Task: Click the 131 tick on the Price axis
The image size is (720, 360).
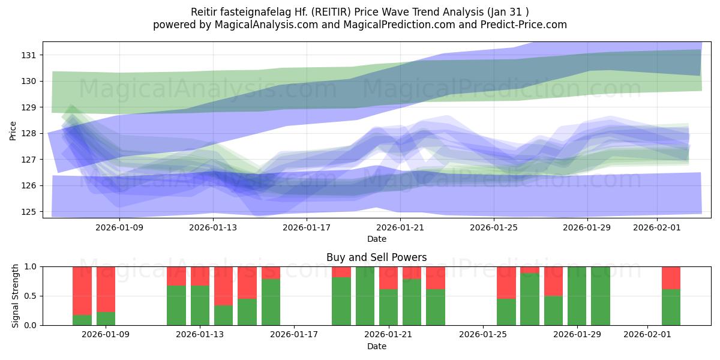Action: pos(29,55)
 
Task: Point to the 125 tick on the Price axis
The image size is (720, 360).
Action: pos(29,212)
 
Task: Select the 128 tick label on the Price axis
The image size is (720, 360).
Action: pos(29,133)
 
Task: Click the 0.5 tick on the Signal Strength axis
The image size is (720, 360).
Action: pos(29,296)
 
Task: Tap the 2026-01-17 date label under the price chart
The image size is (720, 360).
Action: pos(307,228)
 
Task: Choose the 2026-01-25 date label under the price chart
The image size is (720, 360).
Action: pos(494,228)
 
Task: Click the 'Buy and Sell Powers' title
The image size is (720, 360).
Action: pos(376,257)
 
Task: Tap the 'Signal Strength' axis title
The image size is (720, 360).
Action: pos(16,296)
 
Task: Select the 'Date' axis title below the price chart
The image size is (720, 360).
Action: pos(376,239)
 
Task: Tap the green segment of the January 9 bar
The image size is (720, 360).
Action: pos(106,319)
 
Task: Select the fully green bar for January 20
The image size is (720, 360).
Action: pos(365,296)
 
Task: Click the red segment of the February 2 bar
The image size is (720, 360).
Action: pos(671,278)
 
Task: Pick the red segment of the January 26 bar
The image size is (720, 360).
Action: pos(506,283)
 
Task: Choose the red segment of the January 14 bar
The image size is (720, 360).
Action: pos(223,286)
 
